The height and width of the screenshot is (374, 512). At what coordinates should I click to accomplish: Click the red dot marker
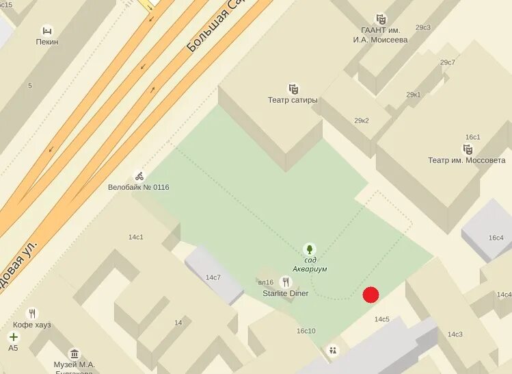(x=370, y=295)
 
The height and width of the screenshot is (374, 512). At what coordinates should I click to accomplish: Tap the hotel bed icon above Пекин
(x=46, y=30)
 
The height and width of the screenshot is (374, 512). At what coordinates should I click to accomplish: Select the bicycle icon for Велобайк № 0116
(x=139, y=176)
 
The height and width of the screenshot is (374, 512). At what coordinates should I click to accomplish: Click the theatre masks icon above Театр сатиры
(x=293, y=89)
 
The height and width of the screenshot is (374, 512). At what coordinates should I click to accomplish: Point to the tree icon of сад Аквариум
(x=310, y=249)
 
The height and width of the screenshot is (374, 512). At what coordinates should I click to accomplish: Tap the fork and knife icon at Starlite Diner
(x=285, y=282)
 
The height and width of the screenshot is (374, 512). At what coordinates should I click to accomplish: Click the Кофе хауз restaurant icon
(x=32, y=314)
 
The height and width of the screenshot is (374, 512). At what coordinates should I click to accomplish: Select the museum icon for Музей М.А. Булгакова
(x=75, y=354)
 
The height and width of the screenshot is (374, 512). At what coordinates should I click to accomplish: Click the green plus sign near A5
(x=13, y=337)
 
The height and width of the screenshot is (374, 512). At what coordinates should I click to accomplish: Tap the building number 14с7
(x=213, y=277)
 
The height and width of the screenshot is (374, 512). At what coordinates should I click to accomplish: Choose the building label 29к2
(x=362, y=121)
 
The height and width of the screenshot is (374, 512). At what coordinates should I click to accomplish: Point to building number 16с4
(x=496, y=238)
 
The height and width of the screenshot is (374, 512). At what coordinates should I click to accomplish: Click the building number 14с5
(x=381, y=319)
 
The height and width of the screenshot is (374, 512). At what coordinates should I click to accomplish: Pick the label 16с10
(x=306, y=331)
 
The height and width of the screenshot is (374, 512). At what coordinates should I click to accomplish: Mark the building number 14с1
(x=136, y=237)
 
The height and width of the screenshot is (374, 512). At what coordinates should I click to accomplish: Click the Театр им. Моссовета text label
(x=467, y=160)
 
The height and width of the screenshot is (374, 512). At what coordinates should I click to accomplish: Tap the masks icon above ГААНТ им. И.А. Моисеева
(x=381, y=19)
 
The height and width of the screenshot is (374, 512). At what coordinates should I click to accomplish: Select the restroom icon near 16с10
(x=333, y=350)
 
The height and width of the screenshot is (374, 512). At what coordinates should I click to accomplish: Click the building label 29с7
(x=448, y=62)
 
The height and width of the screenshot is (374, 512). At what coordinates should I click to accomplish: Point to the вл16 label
(x=266, y=282)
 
